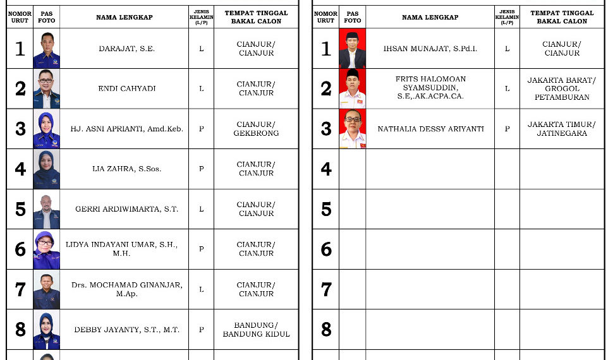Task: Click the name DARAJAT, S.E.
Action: point(126,49)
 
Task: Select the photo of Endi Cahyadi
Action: point(47,88)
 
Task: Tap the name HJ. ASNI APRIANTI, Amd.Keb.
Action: point(126,129)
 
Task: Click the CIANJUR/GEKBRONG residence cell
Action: point(256,129)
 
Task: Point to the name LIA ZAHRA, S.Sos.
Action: point(126,169)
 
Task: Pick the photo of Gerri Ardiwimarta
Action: point(47,209)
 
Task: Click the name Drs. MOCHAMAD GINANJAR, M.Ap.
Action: point(126,289)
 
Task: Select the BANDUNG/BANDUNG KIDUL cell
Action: point(256,330)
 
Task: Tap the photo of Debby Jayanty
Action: point(47,330)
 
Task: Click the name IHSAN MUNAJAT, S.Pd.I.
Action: point(430,49)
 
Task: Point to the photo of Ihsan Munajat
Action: point(352,49)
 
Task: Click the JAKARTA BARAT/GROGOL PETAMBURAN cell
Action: point(562,88)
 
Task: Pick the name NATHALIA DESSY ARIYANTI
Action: point(430,129)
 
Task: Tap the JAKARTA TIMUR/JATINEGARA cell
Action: point(562,129)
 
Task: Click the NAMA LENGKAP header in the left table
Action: point(124,17)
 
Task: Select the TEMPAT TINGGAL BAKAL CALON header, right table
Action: point(562,17)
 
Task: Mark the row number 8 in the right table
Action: point(326,330)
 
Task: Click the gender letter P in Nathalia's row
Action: point(507,129)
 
